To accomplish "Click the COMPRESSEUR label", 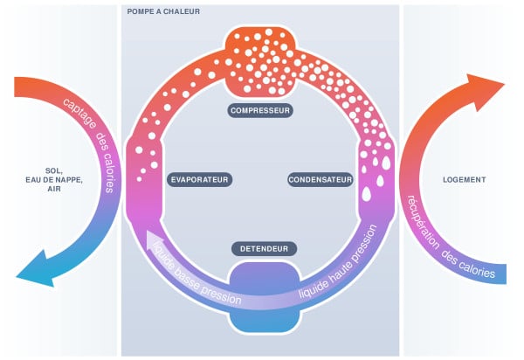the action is pos(260,111).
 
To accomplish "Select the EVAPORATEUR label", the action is pos(199,180).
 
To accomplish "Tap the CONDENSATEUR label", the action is pos(321,180).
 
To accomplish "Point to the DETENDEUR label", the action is pos(264,249).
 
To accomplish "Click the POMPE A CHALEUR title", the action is pos(163,11).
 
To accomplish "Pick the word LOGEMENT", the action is pos(465,180).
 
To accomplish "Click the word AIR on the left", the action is pos(54,189).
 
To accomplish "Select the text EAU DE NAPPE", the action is pos(54,180).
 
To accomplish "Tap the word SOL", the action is pos(54,171).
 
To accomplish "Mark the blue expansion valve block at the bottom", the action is pos(265,297).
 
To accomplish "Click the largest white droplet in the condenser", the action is pos(367,194).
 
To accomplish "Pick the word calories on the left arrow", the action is pos(110,172).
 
